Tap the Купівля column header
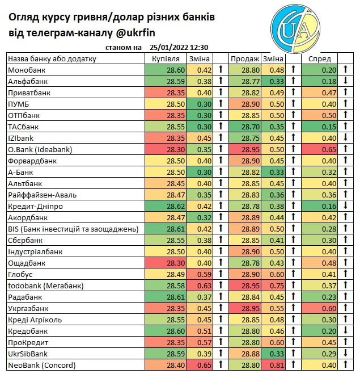(166, 59)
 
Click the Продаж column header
(244, 59)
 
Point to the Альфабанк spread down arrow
(345, 81)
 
